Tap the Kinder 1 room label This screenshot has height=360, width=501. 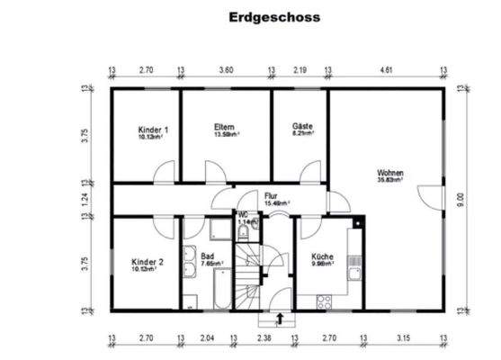click(x=154, y=129)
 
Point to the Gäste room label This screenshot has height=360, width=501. click(x=302, y=127)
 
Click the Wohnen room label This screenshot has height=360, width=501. click(x=390, y=171)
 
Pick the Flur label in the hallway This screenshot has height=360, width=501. click(x=271, y=194)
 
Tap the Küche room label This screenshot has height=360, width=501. click(x=322, y=256)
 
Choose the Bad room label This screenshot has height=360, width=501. click(x=207, y=256)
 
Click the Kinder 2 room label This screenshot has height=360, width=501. click(x=148, y=262)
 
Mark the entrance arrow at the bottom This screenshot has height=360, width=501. click(x=280, y=317)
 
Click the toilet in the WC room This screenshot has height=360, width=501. click(x=243, y=231)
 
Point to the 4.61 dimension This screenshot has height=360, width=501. click(x=386, y=68)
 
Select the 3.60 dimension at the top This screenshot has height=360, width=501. click(x=227, y=68)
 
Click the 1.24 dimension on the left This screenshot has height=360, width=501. click(x=85, y=199)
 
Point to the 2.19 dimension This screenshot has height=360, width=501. click(x=300, y=68)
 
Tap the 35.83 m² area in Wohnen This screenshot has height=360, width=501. click(x=390, y=179)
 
